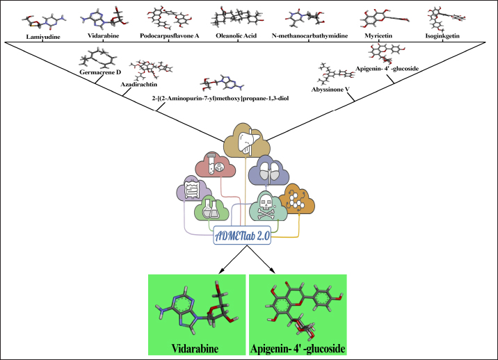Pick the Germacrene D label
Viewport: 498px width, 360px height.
101,72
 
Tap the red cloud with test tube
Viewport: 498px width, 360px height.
218,165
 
